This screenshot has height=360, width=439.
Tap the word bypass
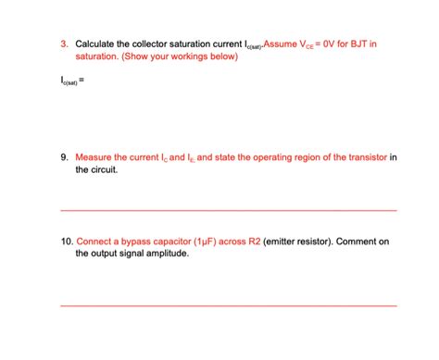pos(137,242)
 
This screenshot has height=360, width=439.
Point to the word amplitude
pos(167,254)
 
